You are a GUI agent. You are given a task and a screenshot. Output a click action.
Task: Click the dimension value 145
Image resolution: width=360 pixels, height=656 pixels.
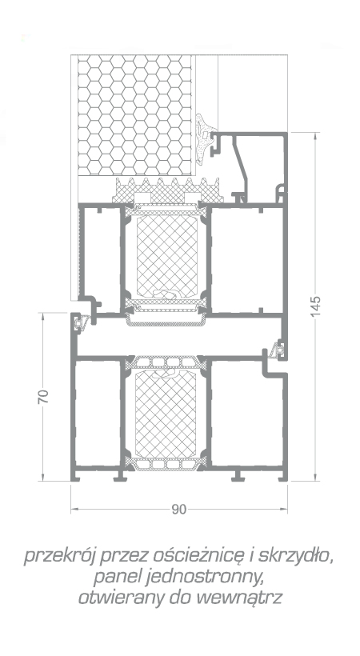316,306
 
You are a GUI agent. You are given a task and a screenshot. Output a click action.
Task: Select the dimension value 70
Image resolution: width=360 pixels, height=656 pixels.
43,396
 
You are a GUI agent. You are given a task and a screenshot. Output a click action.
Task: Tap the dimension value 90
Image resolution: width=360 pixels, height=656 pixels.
178,509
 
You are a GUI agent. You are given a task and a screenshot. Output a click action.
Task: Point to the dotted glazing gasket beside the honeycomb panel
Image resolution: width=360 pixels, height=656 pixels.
204,139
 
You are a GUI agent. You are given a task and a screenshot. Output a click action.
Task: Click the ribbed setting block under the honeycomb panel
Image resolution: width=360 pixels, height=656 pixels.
167,190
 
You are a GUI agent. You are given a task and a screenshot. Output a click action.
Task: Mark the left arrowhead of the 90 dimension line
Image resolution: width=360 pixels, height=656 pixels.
74,509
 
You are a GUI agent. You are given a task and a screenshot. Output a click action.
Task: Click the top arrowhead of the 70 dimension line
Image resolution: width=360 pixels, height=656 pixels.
43,316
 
